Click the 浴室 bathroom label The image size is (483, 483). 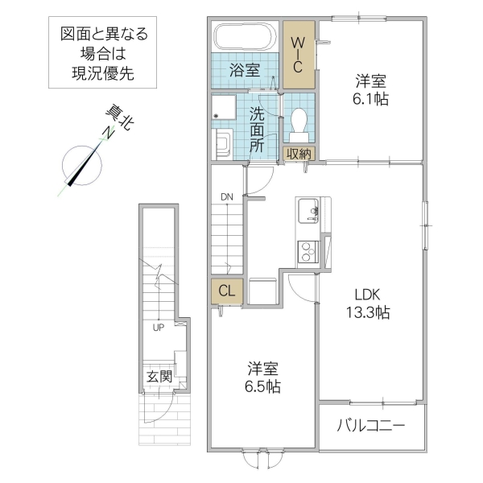(245, 69)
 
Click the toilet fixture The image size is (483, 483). (299, 121)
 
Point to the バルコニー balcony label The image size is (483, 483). (370, 424)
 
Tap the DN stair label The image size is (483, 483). (226, 196)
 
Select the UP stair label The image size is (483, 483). (158, 328)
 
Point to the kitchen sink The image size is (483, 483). (308, 213)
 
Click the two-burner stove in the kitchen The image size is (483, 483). (307, 252)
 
